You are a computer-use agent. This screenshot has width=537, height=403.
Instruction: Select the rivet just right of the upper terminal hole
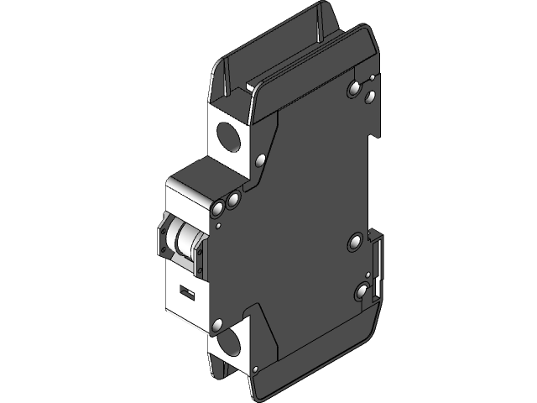[x=260, y=159]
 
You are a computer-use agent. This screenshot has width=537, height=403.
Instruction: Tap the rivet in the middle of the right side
[x=355, y=243]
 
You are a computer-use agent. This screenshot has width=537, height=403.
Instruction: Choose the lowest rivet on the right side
[x=362, y=292]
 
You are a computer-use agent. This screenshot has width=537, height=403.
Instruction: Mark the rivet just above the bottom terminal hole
[x=218, y=324]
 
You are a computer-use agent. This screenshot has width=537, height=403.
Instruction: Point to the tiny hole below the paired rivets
[x=218, y=224]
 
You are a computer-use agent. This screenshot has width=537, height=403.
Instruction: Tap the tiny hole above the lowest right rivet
[x=367, y=275]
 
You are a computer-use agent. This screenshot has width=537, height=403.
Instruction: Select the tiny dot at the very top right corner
[x=372, y=77]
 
